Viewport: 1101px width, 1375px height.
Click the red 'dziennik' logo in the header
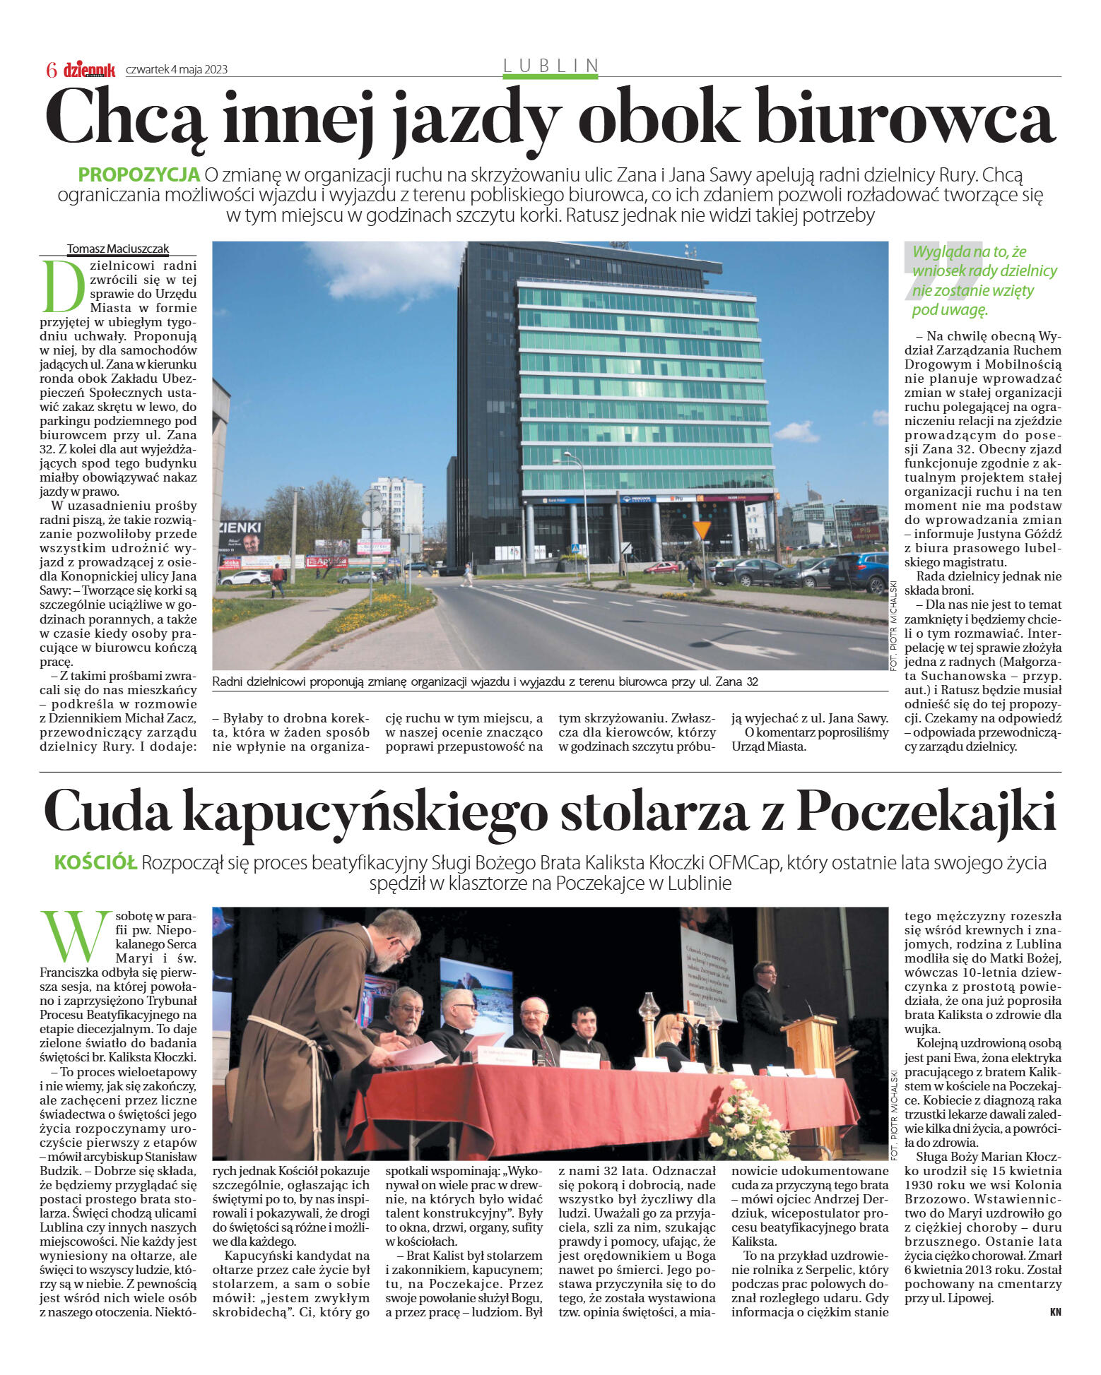click(x=89, y=69)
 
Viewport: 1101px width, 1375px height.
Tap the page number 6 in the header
click(x=52, y=70)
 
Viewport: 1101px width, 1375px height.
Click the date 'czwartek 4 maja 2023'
click(x=177, y=69)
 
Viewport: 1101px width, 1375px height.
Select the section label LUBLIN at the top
click(x=550, y=66)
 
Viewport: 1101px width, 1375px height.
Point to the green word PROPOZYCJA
click(x=139, y=174)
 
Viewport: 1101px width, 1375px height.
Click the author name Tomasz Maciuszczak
click(x=118, y=249)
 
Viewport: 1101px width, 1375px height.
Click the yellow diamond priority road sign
click(x=702, y=529)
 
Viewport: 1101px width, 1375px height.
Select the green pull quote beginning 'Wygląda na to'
click(x=984, y=280)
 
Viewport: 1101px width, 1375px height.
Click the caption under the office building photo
click(x=485, y=681)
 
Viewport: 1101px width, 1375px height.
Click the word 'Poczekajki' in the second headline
click(x=926, y=812)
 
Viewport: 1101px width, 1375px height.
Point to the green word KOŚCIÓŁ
click(x=95, y=863)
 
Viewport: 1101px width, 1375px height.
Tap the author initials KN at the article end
click(x=1055, y=1312)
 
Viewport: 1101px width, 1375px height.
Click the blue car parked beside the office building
click(x=859, y=571)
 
